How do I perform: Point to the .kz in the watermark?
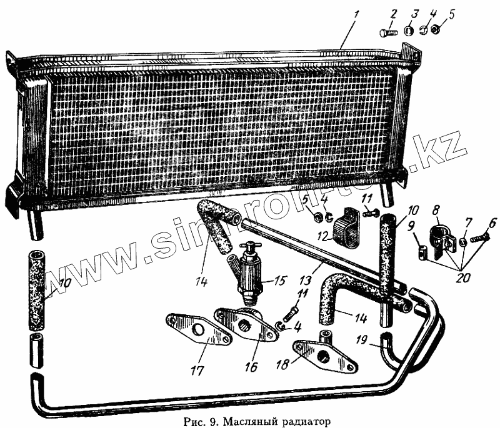click(x=447, y=154)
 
